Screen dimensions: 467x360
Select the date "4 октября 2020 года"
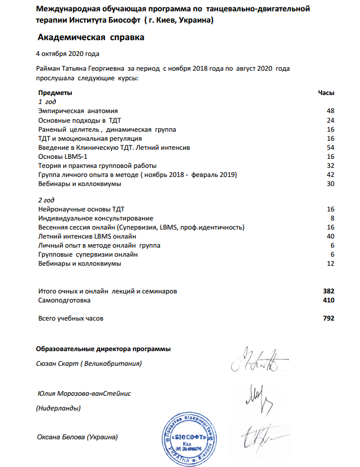pos(67,54)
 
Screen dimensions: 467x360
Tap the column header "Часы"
pos(327,92)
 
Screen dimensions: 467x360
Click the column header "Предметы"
pos(55,92)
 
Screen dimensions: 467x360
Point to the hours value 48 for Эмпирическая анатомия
pos(331,111)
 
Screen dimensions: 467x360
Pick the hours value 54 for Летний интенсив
pos(331,147)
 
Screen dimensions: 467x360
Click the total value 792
pos(328,319)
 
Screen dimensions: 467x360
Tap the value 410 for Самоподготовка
pos(328,301)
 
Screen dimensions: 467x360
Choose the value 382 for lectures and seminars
pos(328,291)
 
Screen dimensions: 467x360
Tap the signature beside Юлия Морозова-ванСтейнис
pos(260,399)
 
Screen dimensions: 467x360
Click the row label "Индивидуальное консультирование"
pos(96,218)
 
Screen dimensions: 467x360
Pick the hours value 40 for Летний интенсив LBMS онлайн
pos(331,236)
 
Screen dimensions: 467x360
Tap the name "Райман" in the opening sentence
pos(49,68)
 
